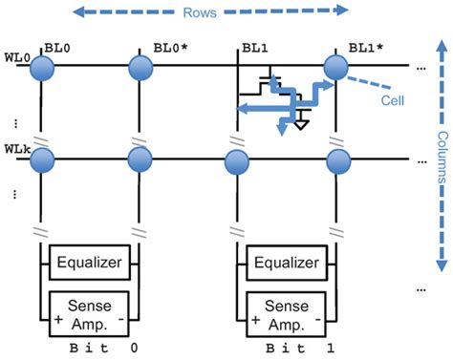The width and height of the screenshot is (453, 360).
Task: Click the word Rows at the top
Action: [x=226, y=14]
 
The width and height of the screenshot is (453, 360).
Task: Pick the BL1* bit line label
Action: [x=367, y=46]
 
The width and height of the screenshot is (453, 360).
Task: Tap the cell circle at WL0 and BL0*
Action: [x=141, y=68]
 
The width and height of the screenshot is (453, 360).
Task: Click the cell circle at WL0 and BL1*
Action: [x=336, y=68]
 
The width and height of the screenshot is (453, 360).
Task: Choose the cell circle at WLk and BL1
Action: [x=239, y=159]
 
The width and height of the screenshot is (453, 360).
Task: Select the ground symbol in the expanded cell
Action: [x=302, y=122]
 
